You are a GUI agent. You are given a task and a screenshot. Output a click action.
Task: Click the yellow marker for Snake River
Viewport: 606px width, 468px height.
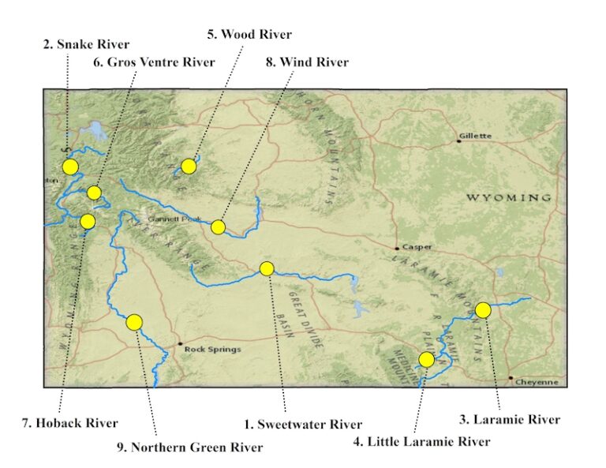pos(70,167)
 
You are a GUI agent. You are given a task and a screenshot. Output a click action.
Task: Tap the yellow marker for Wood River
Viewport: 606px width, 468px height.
pos(189,166)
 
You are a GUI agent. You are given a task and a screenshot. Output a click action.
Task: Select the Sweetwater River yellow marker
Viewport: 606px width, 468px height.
pos(267,268)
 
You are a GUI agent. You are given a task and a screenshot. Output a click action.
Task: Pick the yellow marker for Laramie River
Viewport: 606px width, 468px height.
pos(483,310)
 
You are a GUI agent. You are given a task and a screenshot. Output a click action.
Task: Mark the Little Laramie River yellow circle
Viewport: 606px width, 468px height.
pos(427,360)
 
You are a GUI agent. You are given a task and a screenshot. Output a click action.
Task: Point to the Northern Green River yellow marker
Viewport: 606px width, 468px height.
pos(134,322)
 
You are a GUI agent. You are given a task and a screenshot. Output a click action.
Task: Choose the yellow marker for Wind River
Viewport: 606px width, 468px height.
pos(219,227)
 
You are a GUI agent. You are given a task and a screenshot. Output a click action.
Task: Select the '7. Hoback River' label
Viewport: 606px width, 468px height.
pos(69,423)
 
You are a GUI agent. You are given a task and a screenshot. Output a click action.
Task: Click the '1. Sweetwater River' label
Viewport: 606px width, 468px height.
pos(303,425)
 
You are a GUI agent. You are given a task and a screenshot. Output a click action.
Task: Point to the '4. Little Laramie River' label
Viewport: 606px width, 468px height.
pos(421,441)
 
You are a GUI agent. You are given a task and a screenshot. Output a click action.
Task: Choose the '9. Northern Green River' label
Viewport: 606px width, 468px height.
pos(189,447)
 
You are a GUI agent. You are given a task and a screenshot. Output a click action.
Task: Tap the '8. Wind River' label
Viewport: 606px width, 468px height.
pos(307,62)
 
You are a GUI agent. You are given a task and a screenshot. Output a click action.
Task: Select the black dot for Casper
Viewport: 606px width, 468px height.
pos(398,248)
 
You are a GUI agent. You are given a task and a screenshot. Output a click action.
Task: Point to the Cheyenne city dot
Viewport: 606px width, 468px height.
pos(511,378)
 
